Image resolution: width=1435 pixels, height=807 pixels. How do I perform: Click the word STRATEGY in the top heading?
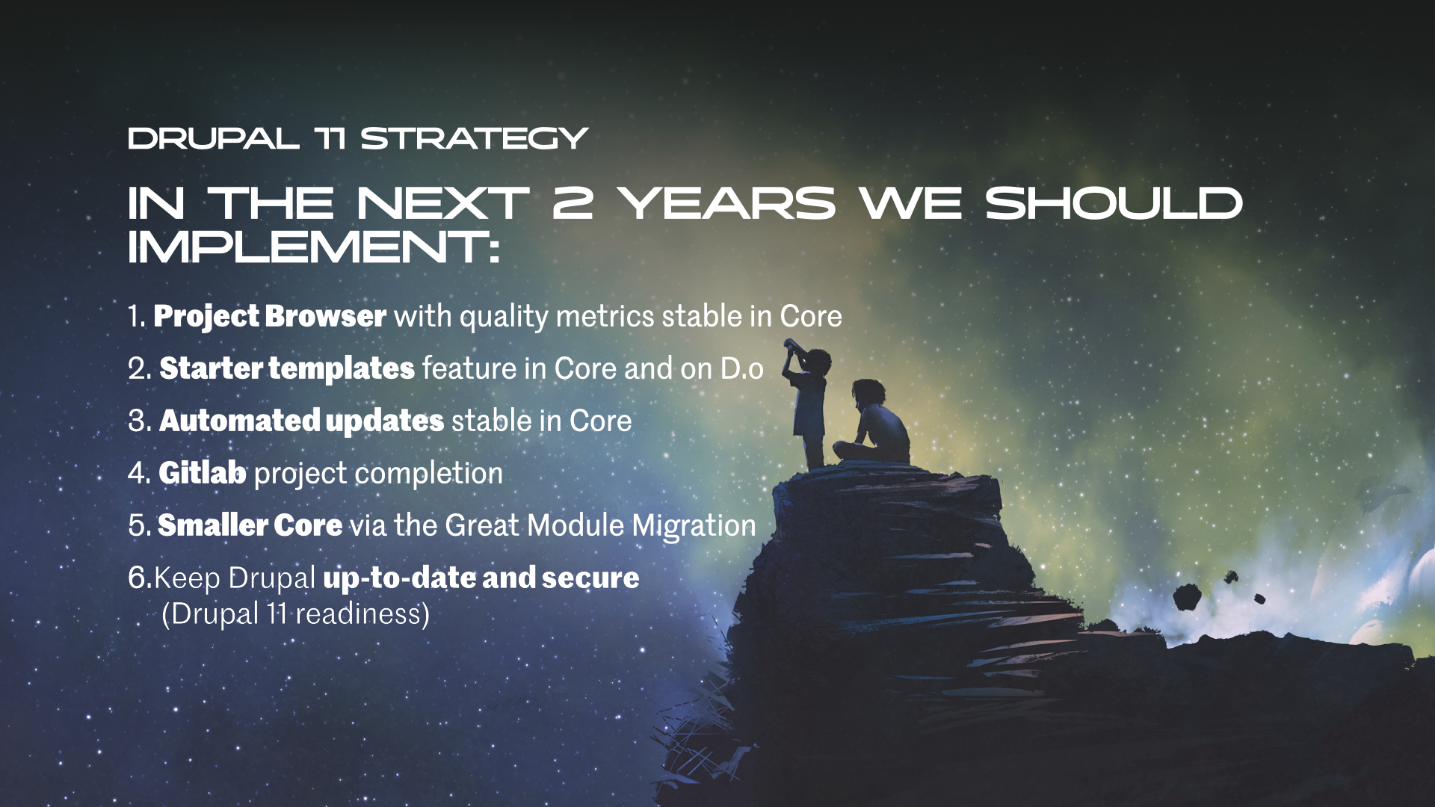tap(475, 139)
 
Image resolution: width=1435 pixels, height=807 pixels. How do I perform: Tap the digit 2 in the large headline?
tap(573, 203)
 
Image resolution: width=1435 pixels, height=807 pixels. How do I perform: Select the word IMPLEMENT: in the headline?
tap(314, 247)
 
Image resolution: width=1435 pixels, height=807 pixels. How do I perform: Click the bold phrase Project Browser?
tap(270, 316)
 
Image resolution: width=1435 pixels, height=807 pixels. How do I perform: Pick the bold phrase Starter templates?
tap(287, 368)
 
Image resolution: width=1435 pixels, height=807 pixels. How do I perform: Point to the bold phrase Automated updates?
tap(302, 421)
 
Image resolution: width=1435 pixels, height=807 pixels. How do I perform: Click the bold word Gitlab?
tap(203, 473)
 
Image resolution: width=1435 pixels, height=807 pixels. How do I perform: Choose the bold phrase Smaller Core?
tap(250, 525)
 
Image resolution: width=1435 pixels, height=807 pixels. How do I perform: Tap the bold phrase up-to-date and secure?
tap(481, 578)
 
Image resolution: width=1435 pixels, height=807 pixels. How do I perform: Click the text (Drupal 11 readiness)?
tap(296, 614)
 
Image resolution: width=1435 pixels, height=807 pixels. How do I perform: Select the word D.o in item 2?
tap(742, 368)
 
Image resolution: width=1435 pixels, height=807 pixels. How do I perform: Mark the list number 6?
tap(140, 578)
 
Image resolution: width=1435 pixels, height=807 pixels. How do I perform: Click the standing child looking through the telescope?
tap(808, 403)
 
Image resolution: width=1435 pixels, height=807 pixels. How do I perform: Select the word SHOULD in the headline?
tap(1114, 203)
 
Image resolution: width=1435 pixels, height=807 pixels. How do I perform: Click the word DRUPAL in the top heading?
tap(214, 139)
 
